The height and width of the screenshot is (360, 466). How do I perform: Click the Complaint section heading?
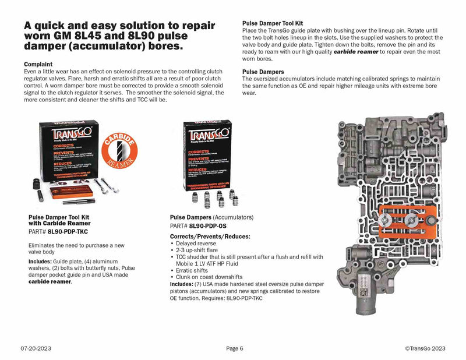pyautogui.click(x=38, y=63)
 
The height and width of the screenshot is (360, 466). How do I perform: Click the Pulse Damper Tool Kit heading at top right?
pyautogui.click(x=275, y=24)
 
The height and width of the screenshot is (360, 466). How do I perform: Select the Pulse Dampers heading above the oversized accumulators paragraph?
pyautogui.click(x=264, y=72)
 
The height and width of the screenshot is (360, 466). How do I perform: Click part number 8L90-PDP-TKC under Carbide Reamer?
pyautogui.click(x=68, y=231)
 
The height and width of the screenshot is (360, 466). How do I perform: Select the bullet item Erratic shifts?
pyautogui.click(x=190, y=270)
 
